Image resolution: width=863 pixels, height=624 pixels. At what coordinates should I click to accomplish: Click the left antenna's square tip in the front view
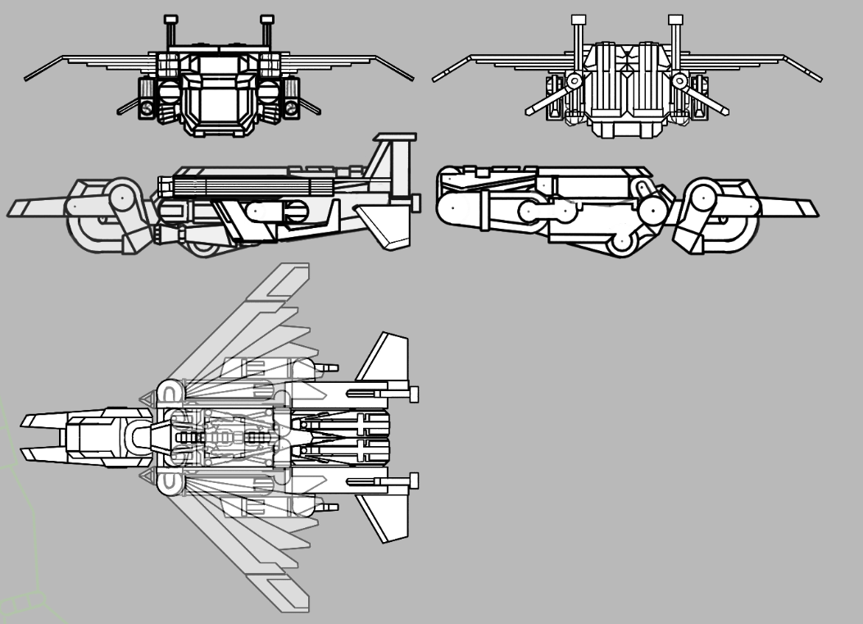coord(170,19)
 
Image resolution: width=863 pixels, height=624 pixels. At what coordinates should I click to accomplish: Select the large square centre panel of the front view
coord(218,102)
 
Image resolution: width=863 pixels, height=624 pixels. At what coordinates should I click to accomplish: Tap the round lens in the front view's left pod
coord(146,107)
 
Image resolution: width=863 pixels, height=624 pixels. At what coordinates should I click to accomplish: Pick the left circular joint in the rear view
coord(575,81)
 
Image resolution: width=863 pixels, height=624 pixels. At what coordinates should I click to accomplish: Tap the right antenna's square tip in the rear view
coord(675,19)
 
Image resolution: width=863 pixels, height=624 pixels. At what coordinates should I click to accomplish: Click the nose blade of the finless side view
coord(792,207)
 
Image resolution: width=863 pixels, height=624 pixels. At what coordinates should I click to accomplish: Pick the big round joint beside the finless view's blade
coord(703,197)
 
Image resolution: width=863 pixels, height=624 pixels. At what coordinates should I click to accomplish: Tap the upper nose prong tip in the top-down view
coord(27,421)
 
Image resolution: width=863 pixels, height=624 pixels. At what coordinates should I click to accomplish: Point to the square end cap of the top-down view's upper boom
coord(414,393)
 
